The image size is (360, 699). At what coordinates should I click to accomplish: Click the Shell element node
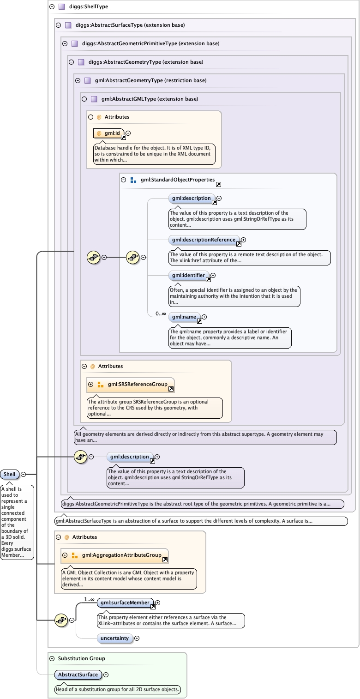click(x=9, y=474)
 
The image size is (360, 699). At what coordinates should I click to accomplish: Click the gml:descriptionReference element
click(x=204, y=240)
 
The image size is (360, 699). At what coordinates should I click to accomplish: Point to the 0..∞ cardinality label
click(x=161, y=313)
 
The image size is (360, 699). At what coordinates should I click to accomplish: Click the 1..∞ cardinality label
click(x=89, y=599)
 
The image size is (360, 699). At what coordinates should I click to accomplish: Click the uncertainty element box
click(x=114, y=639)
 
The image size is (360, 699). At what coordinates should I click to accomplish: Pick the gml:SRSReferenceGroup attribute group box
click(x=131, y=384)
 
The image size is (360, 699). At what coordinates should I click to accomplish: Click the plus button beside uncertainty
click(x=137, y=639)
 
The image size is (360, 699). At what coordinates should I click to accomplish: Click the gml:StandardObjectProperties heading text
click(x=178, y=180)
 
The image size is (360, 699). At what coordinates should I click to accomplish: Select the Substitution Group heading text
click(x=81, y=658)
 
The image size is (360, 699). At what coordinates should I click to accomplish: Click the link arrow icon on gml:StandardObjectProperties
click(x=218, y=184)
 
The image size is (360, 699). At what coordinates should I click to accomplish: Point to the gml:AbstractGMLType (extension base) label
click(x=150, y=99)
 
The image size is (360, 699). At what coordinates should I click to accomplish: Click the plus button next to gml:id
click(x=128, y=133)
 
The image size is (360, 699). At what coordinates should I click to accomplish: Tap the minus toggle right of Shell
click(x=23, y=474)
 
